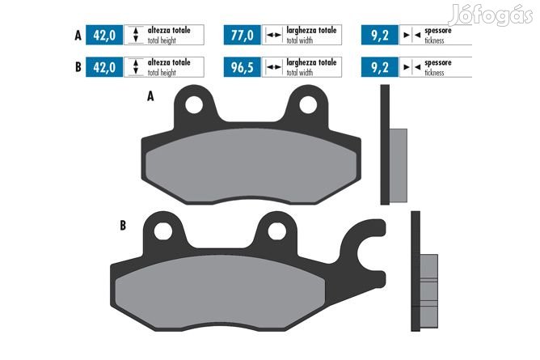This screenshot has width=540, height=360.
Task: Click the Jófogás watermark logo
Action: (491, 15)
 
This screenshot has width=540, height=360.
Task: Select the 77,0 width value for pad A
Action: (242, 35)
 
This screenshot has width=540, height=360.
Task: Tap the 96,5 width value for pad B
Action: (242, 67)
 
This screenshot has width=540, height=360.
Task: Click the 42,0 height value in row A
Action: (104, 35)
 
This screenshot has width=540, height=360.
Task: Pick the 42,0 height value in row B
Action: (104, 67)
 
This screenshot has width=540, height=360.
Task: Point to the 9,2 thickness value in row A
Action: (380, 35)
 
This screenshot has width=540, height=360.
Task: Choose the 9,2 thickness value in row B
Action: (380, 67)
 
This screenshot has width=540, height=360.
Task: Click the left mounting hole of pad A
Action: (194, 104)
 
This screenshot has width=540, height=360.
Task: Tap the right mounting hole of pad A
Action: (308, 104)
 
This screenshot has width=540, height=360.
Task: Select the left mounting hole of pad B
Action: (163, 231)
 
